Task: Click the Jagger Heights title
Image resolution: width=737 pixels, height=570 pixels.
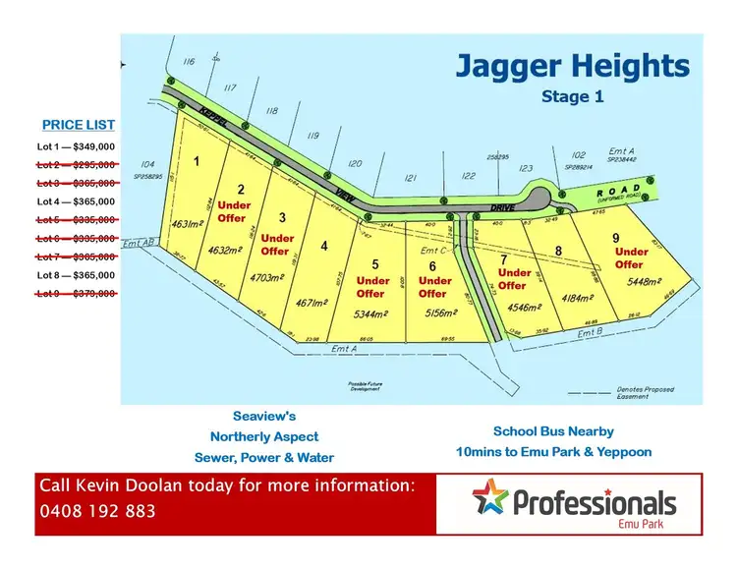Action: (x=572, y=67)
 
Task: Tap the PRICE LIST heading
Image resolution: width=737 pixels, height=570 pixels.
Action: (x=78, y=125)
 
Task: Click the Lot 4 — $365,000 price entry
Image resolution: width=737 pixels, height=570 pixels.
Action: (x=76, y=201)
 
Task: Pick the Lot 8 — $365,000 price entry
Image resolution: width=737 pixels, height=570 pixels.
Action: (x=76, y=275)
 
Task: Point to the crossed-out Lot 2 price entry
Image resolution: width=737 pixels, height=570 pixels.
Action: (x=76, y=165)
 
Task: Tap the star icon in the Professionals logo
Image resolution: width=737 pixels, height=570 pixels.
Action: (x=489, y=497)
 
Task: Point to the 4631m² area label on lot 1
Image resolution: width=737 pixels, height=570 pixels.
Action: (x=186, y=225)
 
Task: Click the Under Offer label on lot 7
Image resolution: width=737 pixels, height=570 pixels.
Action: (x=514, y=279)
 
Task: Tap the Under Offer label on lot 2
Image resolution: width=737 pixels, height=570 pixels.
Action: (x=234, y=211)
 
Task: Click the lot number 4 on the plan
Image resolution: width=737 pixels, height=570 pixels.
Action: (x=324, y=247)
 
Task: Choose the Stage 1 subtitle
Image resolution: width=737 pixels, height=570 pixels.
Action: (x=572, y=96)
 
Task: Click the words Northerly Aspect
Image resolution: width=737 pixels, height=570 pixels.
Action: (x=263, y=436)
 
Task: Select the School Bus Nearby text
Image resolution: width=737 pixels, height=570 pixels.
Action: (x=553, y=431)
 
